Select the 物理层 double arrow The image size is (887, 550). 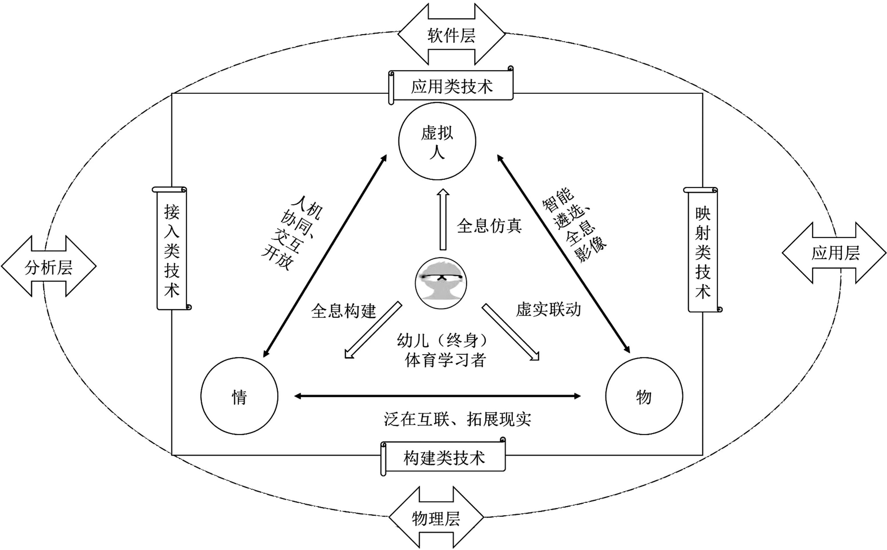click(x=436, y=517)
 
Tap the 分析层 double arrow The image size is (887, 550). click(x=48, y=266)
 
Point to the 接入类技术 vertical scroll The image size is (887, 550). click(x=172, y=248)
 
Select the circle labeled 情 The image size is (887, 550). click(x=239, y=396)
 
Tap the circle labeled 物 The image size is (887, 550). click(x=644, y=396)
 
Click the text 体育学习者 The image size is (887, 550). click(x=445, y=361)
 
